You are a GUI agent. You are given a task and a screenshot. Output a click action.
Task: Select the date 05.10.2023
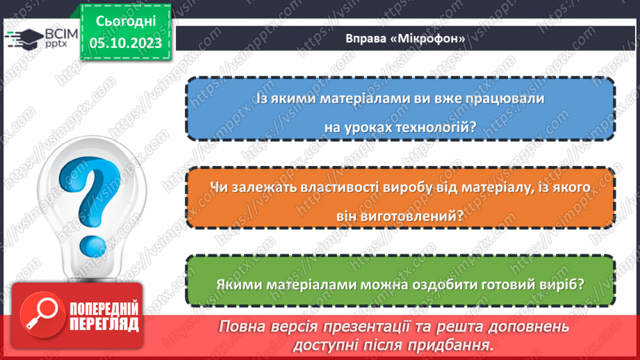pos(125,43)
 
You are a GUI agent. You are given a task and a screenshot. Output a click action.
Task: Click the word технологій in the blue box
pos(437,126)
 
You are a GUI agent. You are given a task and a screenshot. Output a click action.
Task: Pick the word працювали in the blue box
pos(507,99)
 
